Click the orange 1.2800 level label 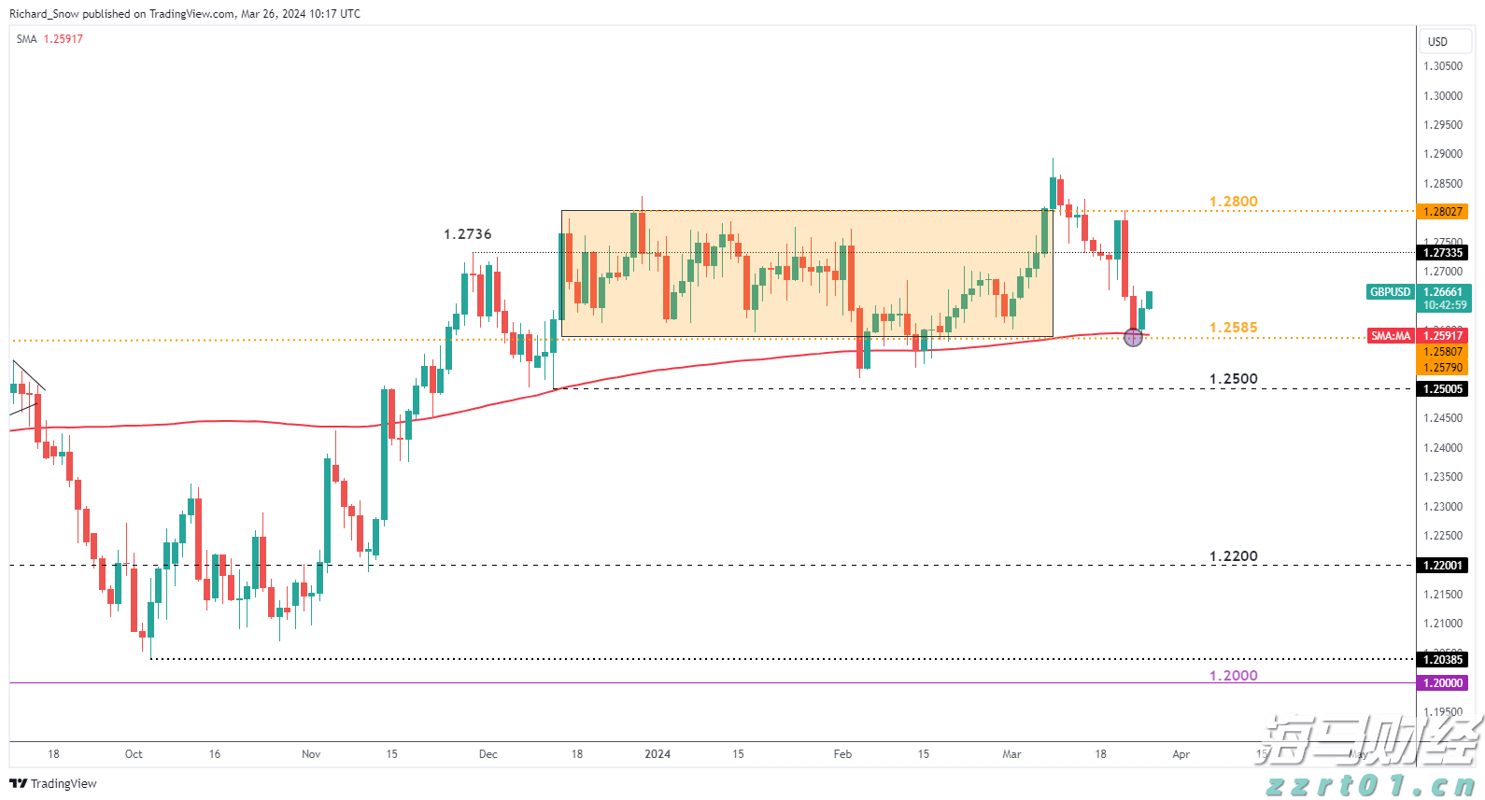click(x=1233, y=202)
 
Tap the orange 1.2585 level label click(x=1233, y=328)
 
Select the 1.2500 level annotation click(x=1233, y=379)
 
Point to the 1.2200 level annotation click(x=1233, y=556)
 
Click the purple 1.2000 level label click(x=1233, y=676)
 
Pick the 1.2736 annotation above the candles click(x=467, y=234)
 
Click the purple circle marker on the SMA click(x=1133, y=337)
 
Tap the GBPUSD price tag click(x=1390, y=292)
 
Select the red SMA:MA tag click(x=1391, y=336)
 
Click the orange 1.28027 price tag click(x=1442, y=212)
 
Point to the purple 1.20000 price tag click(x=1442, y=683)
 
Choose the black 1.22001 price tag click(x=1442, y=566)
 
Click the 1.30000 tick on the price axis click(x=1443, y=96)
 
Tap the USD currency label click(x=1437, y=42)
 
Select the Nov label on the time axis click(x=311, y=754)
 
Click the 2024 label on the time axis click(x=658, y=754)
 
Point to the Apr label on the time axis click(x=1181, y=754)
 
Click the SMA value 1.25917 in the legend click(x=64, y=39)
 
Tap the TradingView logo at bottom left click(x=53, y=783)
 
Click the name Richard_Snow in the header click(x=44, y=14)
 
